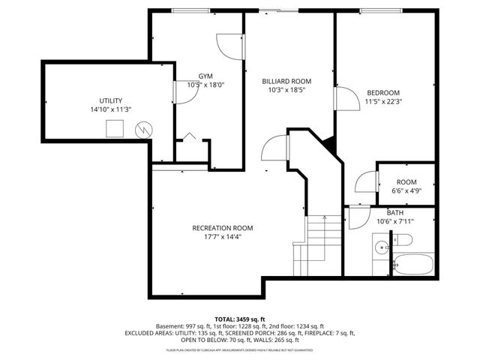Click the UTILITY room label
pos(110,100)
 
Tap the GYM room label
pos(205,76)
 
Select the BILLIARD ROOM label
pos(286,81)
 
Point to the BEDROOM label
pos(382,92)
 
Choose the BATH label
pos(394,213)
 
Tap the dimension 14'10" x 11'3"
pos(110,109)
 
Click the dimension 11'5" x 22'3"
pos(382,101)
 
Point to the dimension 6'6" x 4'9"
pos(406,190)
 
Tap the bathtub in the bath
pos(412,264)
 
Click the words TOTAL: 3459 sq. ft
pos(240,319)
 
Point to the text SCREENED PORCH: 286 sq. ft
pos(284,334)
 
